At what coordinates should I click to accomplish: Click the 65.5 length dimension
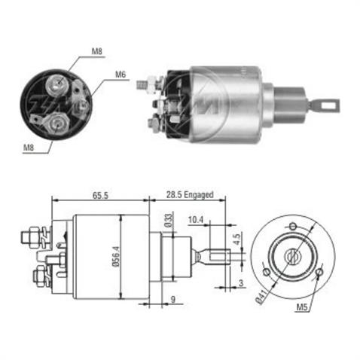(100, 194)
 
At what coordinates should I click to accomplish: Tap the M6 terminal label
(120, 75)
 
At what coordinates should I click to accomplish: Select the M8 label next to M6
(96, 51)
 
